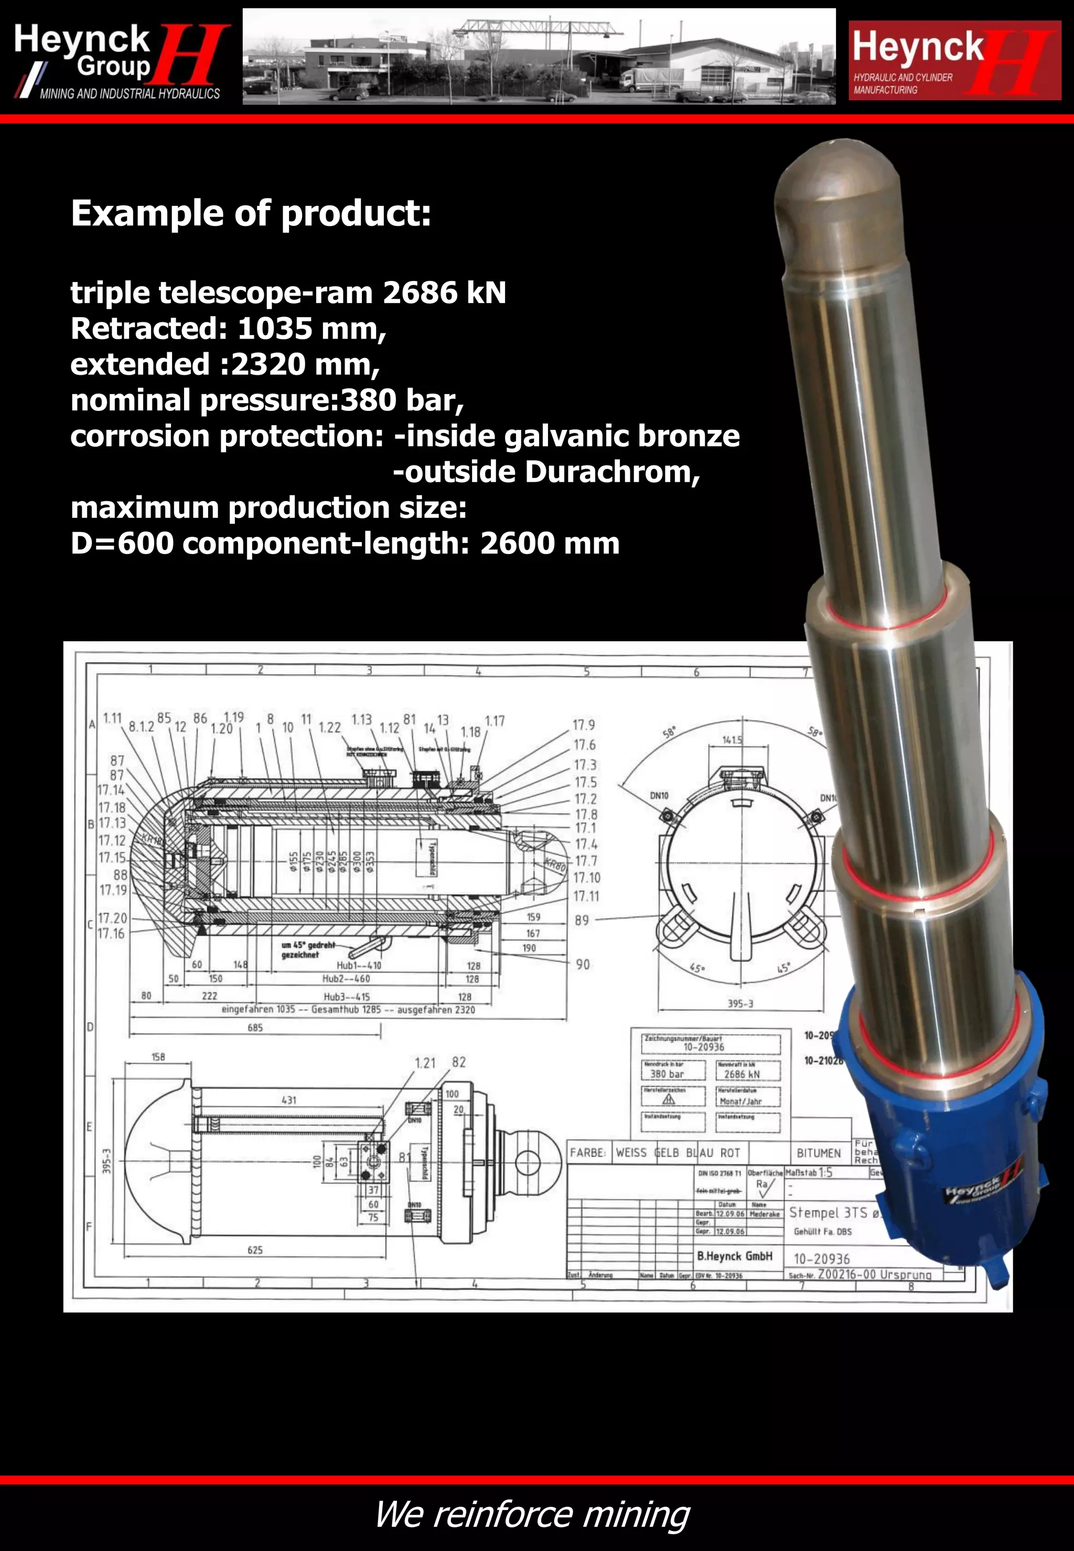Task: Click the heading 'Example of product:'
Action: pyautogui.click(x=250, y=213)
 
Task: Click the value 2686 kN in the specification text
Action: pyautogui.click(x=444, y=292)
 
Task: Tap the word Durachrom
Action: pyautogui.click(x=608, y=472)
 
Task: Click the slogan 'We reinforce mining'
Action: pyautogui.click(x=532, y=1515)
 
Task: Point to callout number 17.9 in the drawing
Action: pyautogui.click(x=584, y=725)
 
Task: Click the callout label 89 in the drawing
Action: pyautogui.click(x=582, y=920)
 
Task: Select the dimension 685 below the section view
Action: pyautogui.click(x=255, y=1028)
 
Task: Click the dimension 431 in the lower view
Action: pyautogui.click(x=288, y=1100)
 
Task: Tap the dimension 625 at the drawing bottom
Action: pyautogui.click(x=255, y=1250)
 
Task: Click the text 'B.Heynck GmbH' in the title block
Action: pyautogui.click(x=734, y=1256)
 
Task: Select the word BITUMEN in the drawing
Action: pyautogui.click(x=818, y=1153)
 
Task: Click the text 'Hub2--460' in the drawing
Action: pyautogui.click(x=346, y=979)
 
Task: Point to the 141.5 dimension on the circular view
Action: pyautogui.click(x=733, y=739)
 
